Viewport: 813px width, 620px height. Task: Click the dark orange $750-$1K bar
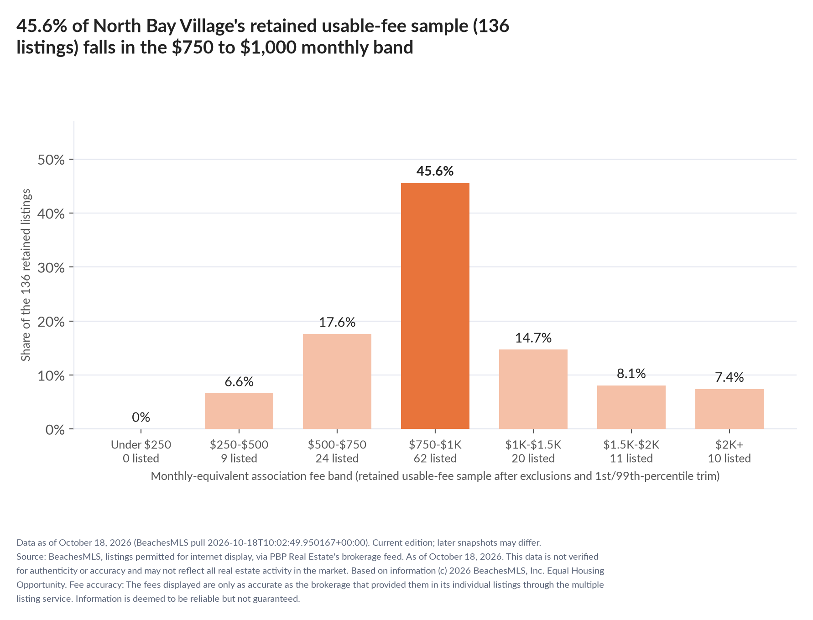point(435,306)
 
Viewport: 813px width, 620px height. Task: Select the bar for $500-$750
point(337,381)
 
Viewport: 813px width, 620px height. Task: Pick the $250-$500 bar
point(239,411)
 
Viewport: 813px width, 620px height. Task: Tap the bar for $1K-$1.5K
point(533,389)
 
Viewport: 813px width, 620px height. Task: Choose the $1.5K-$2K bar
point(631,407)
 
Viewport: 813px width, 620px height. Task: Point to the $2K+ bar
point(730,409)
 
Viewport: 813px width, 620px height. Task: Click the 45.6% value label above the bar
point(435,171)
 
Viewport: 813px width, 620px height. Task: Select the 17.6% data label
point(337,322)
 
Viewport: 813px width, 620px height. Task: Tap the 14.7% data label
point(533,338)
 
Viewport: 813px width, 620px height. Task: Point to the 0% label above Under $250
point(141,417)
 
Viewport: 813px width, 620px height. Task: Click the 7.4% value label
point(730,377)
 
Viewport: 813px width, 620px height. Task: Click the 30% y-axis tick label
point(51,267)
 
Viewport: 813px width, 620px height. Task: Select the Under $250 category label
point(141,444)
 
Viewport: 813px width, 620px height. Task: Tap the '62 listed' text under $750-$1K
point(435,458)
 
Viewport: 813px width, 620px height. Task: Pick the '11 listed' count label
point(631,458)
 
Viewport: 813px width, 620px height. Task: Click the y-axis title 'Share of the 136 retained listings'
point(26,275)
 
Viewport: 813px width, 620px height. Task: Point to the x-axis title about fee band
point(435,476)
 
